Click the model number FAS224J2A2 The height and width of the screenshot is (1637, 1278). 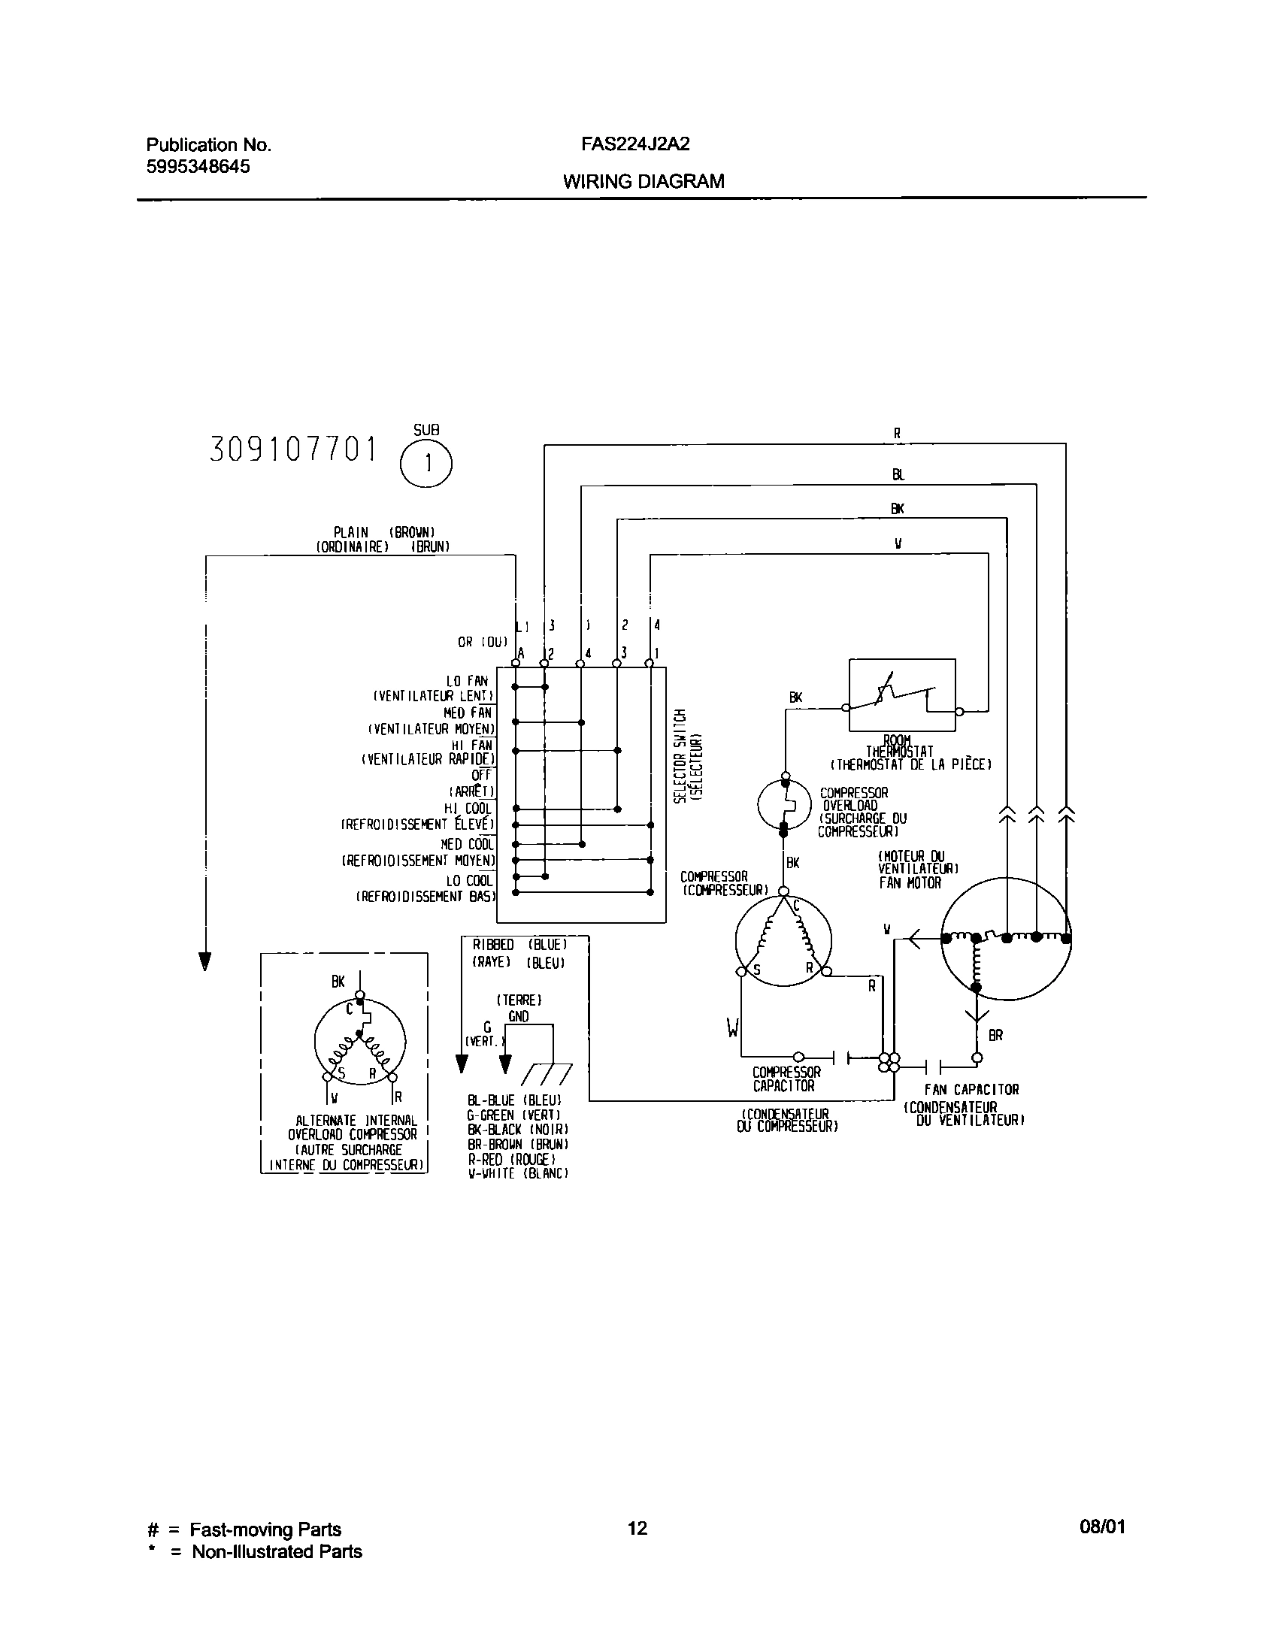(635, 144)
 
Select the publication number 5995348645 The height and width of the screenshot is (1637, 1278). (198, 166)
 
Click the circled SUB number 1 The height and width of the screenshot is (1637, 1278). (426, 464)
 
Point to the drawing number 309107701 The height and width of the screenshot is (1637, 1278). (293, 449)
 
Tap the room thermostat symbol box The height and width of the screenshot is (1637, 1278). (901, 695)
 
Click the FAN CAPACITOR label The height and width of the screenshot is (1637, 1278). (971, 1090)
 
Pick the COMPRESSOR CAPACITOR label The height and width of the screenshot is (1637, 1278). (786, 1079)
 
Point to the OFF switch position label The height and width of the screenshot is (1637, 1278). (481, 775)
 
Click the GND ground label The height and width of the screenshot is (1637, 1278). (518, 1016)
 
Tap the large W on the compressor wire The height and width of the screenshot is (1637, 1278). (733, 1027)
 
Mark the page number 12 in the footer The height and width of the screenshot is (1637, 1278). (637, 1528)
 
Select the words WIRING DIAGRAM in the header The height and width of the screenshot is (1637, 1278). (644, 181)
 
